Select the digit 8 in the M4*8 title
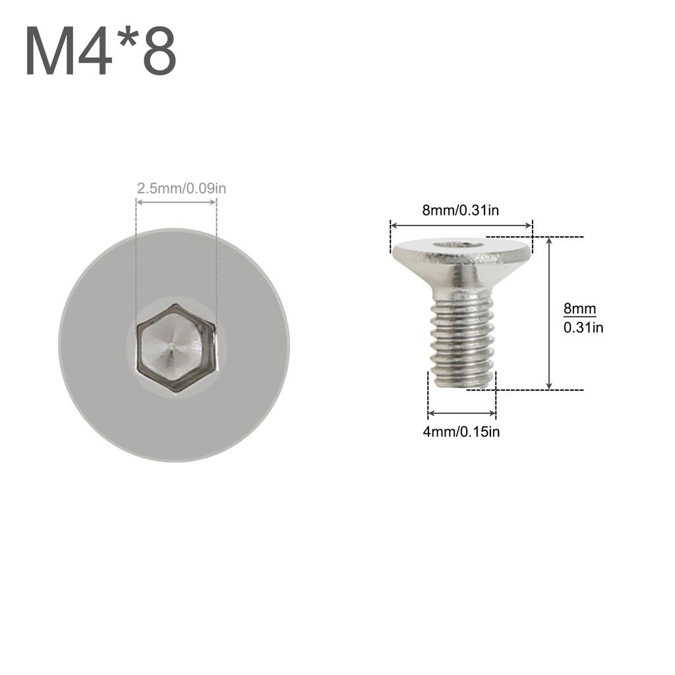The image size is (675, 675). [x=158, y=53]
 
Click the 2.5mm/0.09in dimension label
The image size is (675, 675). [x=181, y=189]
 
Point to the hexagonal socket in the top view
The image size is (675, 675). [x=175, y=347]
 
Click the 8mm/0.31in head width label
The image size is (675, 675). [x=460, y=211]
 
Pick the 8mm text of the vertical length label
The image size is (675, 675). [x=579, y=308]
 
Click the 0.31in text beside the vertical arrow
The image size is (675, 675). [x=583, y=327]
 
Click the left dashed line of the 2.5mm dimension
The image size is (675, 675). [x=136, y=264]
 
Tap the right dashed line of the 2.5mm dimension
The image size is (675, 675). [x=216, y=264]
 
